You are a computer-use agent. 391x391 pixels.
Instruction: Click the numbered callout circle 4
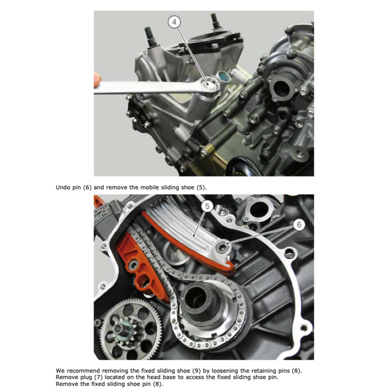click(174, 21)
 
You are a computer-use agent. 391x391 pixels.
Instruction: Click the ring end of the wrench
click(210, 84)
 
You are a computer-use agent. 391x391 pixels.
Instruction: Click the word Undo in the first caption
click(63, 187)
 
